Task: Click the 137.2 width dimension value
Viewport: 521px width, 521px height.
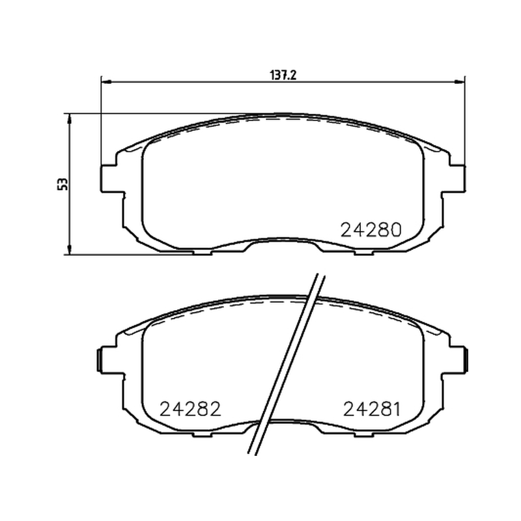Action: pos(283,76)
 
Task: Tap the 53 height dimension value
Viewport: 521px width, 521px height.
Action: pos(63,184)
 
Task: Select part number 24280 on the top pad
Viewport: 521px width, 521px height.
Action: pos(371,230)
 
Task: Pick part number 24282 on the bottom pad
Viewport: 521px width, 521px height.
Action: pos(190,409)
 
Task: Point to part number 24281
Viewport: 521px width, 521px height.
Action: pos(372,409)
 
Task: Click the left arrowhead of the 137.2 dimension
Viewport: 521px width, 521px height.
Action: pos(106,81)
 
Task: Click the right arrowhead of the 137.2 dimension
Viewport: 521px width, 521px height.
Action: pos(460,81)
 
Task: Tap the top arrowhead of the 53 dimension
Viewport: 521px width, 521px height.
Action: pos(69,119)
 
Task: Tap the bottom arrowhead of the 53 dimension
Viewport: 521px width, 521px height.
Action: pos(69,250)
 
